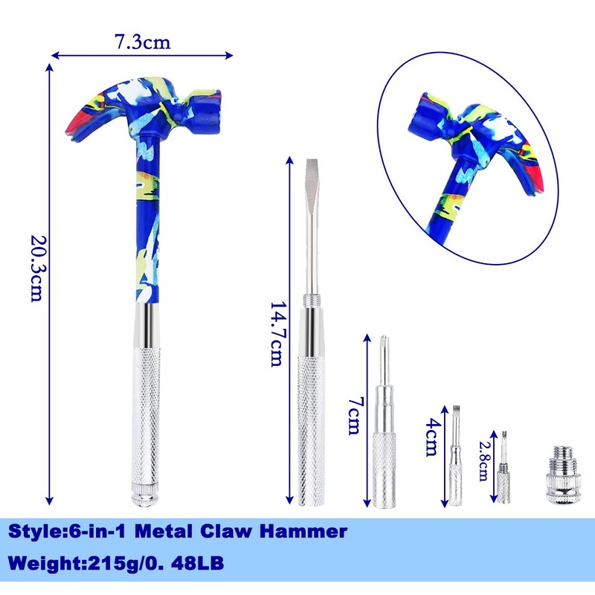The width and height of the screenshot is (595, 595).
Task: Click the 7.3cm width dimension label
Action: (x=143, y=42)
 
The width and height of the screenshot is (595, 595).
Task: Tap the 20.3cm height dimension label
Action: (x=39, y=268)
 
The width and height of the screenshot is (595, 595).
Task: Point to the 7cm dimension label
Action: (x=356, y=416)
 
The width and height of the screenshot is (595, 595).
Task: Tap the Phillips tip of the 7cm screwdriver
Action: (x=384, y=341)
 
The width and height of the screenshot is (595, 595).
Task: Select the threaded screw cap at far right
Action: (x=563, y=475)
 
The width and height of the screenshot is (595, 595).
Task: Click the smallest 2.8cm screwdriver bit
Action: (x=504, y=468)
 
